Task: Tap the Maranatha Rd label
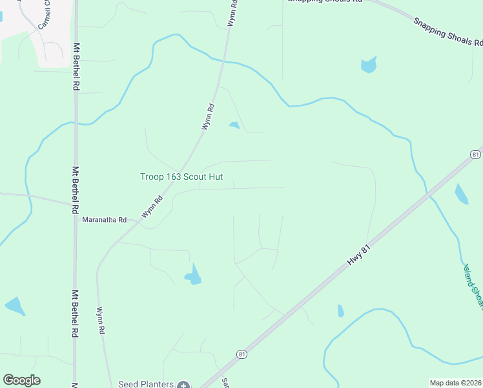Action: (x=104, y=220)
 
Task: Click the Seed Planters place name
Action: (x=146, y=384)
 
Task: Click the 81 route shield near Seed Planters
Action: (x=241, y=354)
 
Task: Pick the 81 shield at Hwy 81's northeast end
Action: (x=475, y=155)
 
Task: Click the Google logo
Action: (x=22, y=380)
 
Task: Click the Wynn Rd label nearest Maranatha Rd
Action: (x=153, y=207)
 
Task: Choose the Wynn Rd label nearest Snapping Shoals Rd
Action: (x=232, y=13)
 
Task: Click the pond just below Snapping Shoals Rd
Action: (x=369, y=64)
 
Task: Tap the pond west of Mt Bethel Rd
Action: (x=14, y=306)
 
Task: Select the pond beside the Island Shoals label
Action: (x=461, y=193)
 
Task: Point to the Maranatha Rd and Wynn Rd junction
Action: (x=138, y=222)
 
